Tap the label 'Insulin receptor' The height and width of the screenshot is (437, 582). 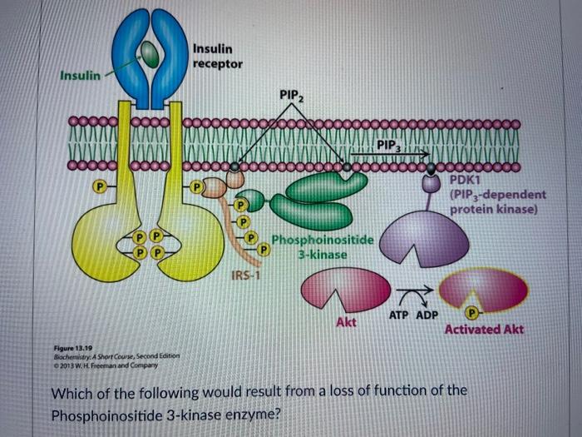click(217, 57)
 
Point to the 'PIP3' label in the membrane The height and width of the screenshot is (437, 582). click(388, 146)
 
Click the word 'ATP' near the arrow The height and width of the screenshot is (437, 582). click(400, 315)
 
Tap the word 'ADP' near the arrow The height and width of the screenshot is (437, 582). click(427, 315)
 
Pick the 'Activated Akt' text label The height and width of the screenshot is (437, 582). click(484, 329)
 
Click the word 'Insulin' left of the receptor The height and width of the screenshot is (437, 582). click(80, 76)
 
